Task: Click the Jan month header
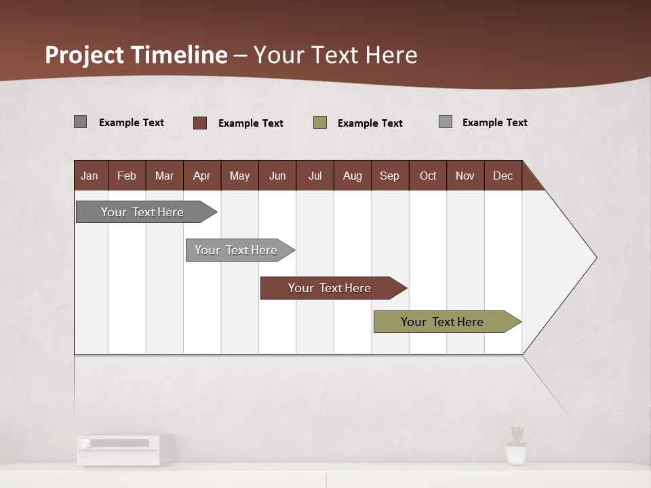pos(90,176)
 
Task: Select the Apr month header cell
pos(201,176)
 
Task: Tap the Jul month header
pos(315,176)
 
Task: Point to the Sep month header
pos(389,176)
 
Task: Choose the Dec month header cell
pos(502,176)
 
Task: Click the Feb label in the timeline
pos(127,176)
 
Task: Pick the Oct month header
pos(428,176)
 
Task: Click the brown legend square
pos(200,123)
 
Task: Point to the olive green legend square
pos(320,123)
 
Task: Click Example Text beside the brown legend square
pos(251,123)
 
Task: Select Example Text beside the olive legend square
pos(370,123)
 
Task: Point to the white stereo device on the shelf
pos(125,449)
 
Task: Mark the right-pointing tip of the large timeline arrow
pos(595,258)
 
